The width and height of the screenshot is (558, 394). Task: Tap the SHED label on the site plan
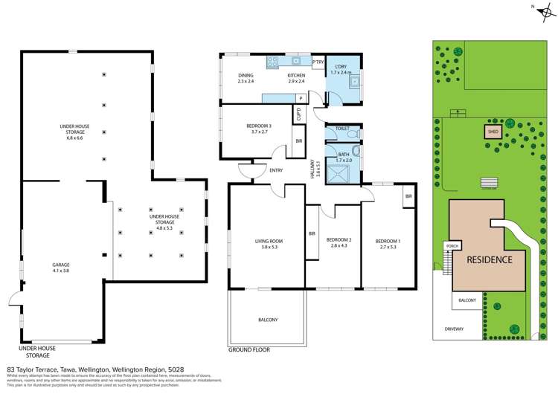(493, 132)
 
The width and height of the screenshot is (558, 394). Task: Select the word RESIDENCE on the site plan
(489, 259)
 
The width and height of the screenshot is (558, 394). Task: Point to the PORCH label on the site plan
(452, 245)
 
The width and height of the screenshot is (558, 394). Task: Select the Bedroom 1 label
(387, 242)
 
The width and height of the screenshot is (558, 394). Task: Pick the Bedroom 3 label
(259, 128)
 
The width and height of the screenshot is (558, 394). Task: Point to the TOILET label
(341, 129)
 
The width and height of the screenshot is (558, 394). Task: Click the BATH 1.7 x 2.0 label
(343, 157)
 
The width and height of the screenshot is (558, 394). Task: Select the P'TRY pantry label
(318, 62)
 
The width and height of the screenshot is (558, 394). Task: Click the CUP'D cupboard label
(298, 115)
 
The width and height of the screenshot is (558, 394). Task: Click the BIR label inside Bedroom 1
(408, 196)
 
